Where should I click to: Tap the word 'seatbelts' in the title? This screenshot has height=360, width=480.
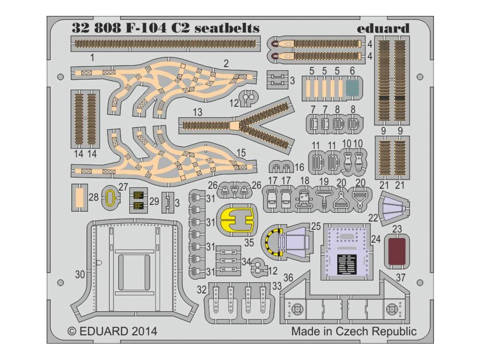[x=227, y=28]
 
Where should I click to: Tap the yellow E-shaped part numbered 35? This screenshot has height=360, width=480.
[x=237, y=219]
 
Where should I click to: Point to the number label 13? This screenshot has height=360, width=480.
[x=197, y=113]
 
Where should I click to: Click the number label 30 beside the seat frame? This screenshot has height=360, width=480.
[x=80, y=275]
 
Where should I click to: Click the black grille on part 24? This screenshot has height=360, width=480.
[x=347, y=263]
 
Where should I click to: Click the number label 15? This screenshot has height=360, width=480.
[x=241, y=153]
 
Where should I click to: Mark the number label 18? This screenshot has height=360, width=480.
[x=305, y=180]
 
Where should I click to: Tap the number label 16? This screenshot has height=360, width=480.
[x=300, y=167]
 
